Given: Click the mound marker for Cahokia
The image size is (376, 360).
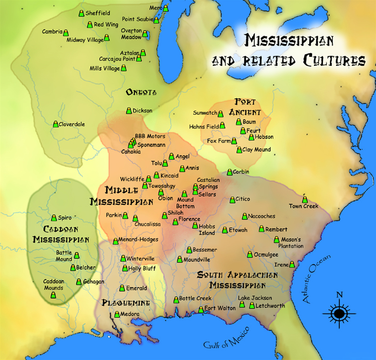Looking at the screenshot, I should click(130, 145).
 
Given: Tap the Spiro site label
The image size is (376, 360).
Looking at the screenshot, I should click(65, 218).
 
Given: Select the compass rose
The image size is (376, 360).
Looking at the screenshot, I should click(339, 313).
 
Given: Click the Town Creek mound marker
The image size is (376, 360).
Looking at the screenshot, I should click(304, 199).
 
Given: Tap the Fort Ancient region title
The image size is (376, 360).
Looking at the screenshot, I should click(244, 107).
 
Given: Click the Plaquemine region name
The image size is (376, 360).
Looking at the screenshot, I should click(126, 303).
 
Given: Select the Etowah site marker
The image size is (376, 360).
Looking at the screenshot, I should click(225, 230).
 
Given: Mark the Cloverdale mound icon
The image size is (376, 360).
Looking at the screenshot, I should click(55, 124).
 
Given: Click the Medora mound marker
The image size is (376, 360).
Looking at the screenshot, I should click(117, 315).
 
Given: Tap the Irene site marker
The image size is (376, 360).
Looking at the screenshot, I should click(292, 264).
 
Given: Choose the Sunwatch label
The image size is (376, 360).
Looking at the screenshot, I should click(205, 113).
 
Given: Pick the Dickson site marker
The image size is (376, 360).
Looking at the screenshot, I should click(128, 110).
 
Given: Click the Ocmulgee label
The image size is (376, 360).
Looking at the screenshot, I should click(266, 254).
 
